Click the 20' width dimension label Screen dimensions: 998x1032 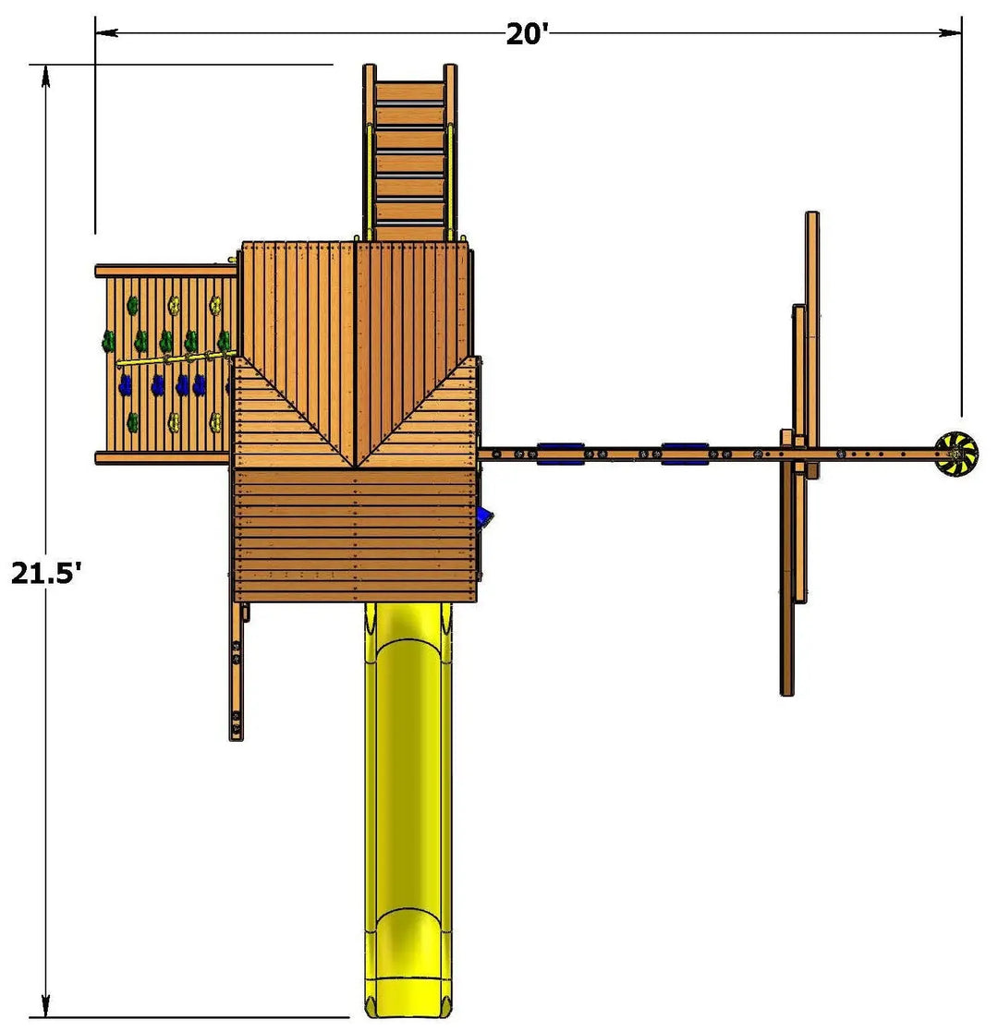tap(527, 33)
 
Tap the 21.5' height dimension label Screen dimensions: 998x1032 tap(46, 573)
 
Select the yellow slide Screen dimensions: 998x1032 tap(408, 810)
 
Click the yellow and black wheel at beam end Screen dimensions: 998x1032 tap(956, 454)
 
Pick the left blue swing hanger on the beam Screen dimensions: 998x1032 tap(560, 454)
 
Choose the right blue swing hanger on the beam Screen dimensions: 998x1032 tap(685, 454)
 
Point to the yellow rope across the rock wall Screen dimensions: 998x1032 tap(176, 358)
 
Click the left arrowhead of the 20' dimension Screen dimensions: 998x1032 tap(106, 32)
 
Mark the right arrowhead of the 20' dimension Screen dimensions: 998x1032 tap(950, 32)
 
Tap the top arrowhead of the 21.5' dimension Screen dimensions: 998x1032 tap(45, 76)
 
